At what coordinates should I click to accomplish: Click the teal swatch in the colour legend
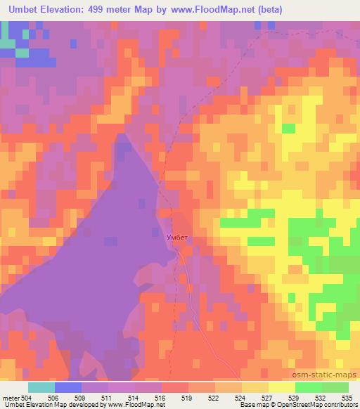[41, 387]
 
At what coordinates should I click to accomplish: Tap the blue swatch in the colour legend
[68, 387]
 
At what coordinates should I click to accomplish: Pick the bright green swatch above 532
[309, 387]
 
